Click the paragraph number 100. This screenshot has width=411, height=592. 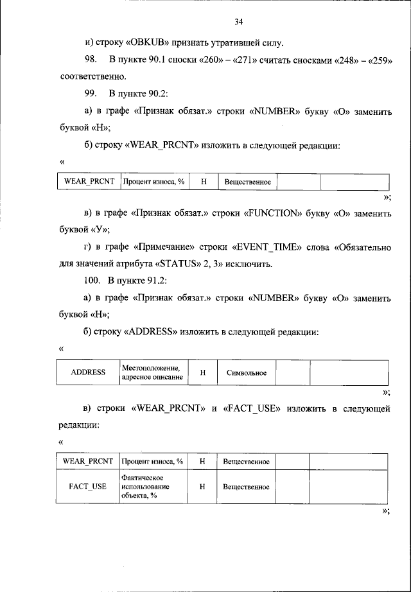[92, 280]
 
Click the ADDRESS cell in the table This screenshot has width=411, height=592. [87, 372]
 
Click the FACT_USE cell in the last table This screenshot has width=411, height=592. [87, 487]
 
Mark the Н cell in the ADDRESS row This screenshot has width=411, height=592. [202, 372]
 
